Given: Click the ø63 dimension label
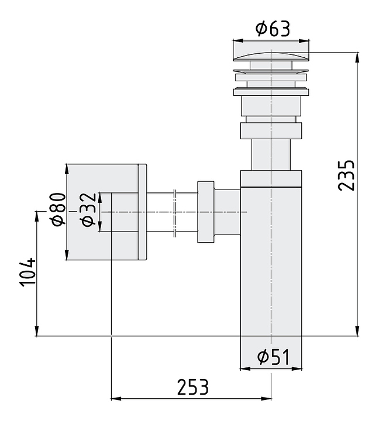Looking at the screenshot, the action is click(273, 29).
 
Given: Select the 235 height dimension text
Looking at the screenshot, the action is click(346, 176).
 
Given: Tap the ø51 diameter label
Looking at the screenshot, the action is click(273, 357).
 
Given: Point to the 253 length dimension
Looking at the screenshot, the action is click(193, 387).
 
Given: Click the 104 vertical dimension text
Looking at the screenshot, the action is click(27, 272).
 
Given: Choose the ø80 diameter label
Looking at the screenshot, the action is click(58, 209).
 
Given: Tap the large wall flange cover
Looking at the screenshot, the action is click(106, 212).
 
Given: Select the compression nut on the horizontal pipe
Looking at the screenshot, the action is click(206, 212).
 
